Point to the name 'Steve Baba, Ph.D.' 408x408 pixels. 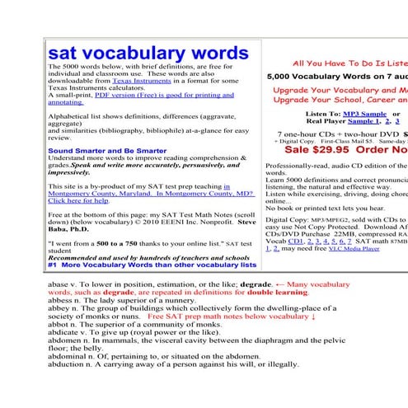(245, 221)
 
